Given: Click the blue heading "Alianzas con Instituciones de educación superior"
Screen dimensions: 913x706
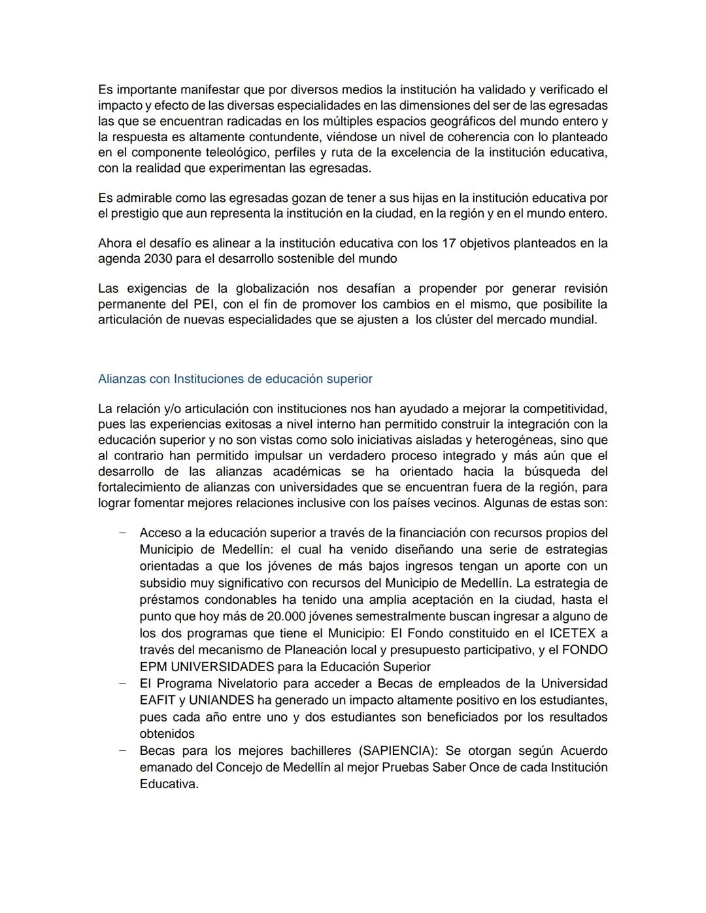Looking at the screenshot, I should (x=235, y=379).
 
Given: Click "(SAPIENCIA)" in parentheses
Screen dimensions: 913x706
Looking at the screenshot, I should (x=399, y=751).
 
